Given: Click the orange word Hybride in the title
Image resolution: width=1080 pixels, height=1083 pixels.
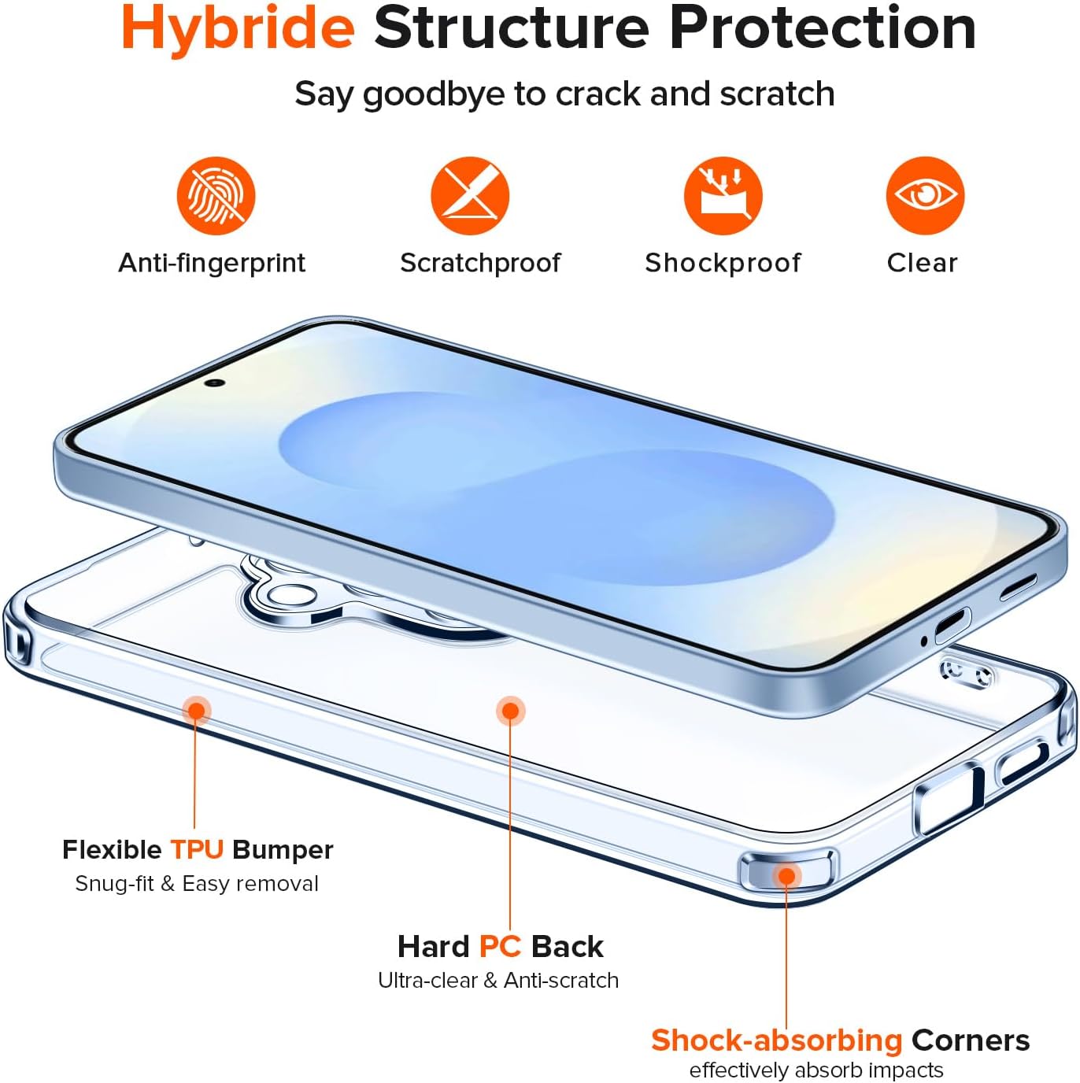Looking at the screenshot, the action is (x=238, y=29).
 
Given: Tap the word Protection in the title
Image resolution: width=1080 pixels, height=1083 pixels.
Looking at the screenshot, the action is (x=823, y=28).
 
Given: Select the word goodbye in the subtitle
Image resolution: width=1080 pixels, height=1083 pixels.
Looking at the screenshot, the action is (x=434, y=94).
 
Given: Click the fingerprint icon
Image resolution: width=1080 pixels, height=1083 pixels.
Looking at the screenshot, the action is (x=216, y=195).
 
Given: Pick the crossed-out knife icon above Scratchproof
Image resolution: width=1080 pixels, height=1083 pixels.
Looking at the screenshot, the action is (x=470, y=195).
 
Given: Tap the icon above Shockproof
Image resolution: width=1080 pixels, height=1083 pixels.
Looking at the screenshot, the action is (x=723, y=195).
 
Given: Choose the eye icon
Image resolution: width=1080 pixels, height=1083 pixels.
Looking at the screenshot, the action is (x=926, y=195).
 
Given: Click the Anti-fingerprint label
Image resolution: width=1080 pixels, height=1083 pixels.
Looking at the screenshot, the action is (x=212, y=263).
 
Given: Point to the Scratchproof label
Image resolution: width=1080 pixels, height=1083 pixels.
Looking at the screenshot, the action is (x=480, y=263).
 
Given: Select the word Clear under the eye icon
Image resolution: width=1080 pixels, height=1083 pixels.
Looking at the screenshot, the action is (x=922, y=262).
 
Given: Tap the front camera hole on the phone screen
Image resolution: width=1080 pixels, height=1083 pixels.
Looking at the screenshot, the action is (x=215, y=383).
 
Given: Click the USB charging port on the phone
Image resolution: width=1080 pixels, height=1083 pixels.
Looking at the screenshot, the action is (x=952, y=626).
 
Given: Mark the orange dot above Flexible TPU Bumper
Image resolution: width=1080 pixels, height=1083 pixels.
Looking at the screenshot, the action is (x=197, y=711).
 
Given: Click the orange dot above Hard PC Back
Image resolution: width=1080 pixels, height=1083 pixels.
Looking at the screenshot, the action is (x=511, y=711).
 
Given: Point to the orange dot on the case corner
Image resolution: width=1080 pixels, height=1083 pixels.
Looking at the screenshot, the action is (x=786, y=876).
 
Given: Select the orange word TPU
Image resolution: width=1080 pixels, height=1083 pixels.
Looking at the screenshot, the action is (x=197, y=849).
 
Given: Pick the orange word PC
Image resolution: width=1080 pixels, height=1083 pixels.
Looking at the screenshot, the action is (x=500, y=946).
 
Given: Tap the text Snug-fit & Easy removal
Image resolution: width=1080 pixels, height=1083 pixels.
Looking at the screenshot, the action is (x=197, y=884).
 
